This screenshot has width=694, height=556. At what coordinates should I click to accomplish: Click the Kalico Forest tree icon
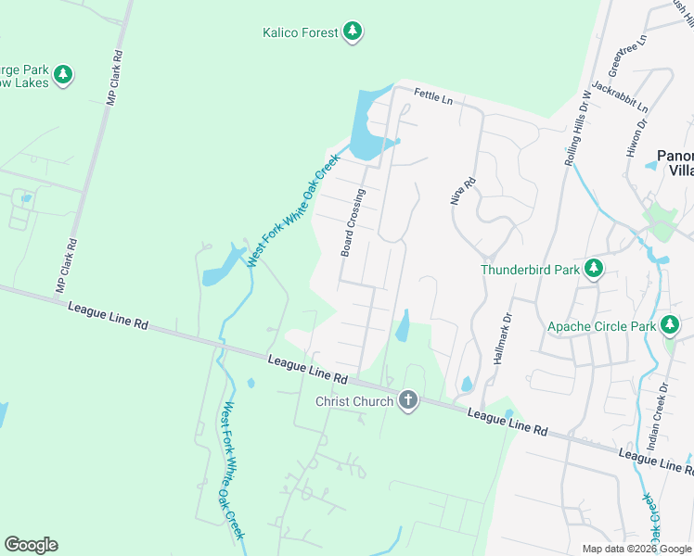tap(352, 33)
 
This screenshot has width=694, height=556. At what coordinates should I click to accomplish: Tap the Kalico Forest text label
tap(299, 33)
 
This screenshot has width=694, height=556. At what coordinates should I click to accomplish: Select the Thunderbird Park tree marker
tap(594, 270)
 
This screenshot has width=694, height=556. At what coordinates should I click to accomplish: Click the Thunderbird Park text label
tap(530, 271)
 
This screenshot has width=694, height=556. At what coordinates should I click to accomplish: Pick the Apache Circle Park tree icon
tap(670, 325)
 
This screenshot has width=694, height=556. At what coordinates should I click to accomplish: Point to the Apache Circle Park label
tap(600, 326)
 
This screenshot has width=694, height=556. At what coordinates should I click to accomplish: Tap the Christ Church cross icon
tap(406, 400)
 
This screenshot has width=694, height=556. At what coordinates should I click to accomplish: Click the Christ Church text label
tap(355, 401)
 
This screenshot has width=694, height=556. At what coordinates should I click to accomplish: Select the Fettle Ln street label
tap(432, 95)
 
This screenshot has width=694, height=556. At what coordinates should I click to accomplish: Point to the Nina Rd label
tap(456, 191)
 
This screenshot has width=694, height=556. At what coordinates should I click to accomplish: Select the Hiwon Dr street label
tap(636, 137)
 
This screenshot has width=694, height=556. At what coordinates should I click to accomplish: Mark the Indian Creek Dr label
tap(657, 418)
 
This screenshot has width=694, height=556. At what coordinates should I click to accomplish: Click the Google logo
tap(31, 545)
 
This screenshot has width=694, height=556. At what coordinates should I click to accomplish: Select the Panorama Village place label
tap(675, 163)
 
